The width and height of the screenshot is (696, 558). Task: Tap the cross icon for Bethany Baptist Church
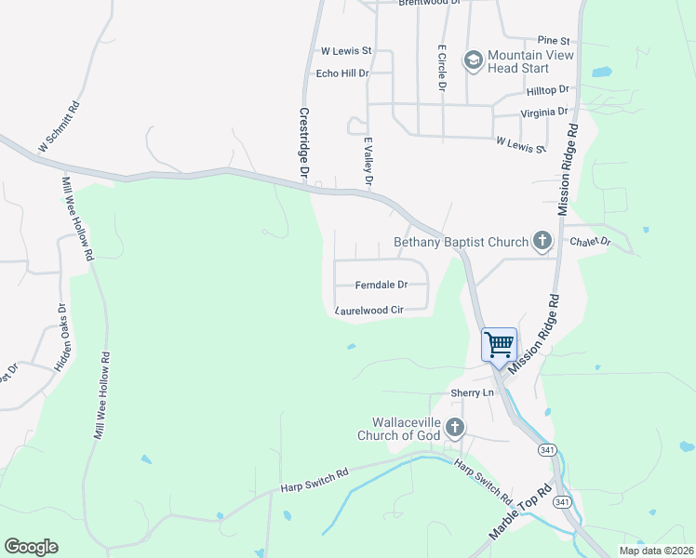coord(542,242)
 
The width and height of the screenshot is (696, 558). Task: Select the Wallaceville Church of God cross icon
coord(455,428)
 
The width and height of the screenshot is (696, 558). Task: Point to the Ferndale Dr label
coord(381,285)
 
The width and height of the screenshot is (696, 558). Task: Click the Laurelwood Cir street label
coord(370,310)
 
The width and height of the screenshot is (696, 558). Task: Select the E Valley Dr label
coord(368,163)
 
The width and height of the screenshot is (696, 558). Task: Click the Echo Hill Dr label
coord(343,73)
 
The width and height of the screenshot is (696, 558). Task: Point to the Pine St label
coord(553,41)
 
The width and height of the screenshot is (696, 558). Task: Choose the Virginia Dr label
coord(544,112)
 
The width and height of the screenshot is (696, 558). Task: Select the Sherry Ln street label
coord(472,393)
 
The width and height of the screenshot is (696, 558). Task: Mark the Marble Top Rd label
coord(521,513)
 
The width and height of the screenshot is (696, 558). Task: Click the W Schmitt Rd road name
coord(59,127)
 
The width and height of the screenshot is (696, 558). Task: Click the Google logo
coord(31,547)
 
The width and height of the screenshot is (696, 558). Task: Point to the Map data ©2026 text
coord(656,551)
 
